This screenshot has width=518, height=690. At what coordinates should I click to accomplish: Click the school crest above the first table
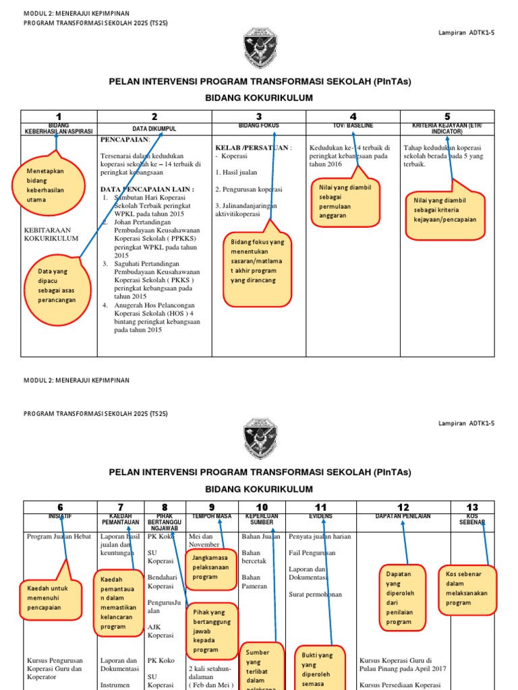(259, 48)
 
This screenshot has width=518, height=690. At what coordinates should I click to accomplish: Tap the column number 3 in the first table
(259, 117)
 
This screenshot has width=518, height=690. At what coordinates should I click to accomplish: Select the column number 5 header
(447, 117)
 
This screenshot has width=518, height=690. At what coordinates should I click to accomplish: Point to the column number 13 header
(471, 507)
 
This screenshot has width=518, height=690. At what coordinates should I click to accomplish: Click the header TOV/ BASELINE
(353, 126)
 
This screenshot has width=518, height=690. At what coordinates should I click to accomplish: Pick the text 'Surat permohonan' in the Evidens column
(316, 594)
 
